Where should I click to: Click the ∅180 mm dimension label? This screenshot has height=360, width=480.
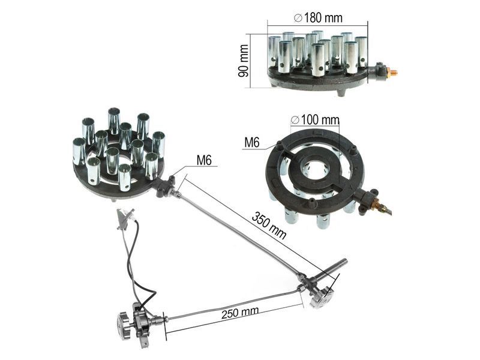click(x=318, y=18)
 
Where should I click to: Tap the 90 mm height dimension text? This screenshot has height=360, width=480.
click(x=244, y=61)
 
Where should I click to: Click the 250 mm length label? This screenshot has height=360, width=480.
click(x=240, y=313)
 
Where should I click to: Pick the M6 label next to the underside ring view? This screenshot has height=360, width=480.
click(x=252, y=142)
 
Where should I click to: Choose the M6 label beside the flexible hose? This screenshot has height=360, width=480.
click(x=204, y=160)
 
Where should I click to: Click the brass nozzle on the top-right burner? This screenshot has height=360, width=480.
click(x=392, y=73)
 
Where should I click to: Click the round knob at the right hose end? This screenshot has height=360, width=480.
click(x=320, y=298)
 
